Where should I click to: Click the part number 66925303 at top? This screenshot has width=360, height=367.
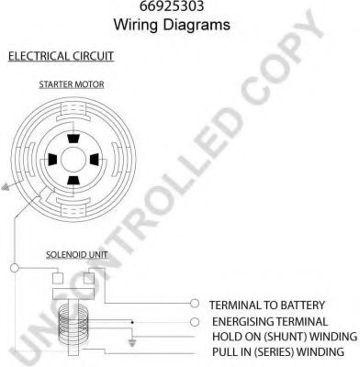[172, 6]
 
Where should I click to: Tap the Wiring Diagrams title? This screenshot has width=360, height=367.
[172, 25]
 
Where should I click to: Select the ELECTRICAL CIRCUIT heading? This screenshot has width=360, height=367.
[61, 57]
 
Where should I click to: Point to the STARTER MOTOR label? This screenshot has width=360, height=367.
[72, 84]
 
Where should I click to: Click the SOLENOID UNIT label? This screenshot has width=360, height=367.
[77, 254]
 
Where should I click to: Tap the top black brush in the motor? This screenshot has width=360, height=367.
[73, 139]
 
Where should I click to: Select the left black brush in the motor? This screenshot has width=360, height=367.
[52, 160]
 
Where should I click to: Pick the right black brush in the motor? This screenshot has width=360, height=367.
[95, 160]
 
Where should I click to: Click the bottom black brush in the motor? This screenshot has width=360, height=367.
[73, 181]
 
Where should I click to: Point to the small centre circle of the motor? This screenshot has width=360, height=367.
[73, 160]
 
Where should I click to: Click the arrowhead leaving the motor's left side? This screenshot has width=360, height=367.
[6, 186]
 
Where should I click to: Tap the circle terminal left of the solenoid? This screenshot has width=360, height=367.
[15, 268]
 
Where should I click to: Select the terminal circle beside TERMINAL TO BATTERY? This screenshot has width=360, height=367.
[195, 304]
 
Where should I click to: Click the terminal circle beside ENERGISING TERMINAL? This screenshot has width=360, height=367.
[195, 322]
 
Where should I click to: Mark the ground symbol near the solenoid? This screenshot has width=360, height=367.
[132, 342]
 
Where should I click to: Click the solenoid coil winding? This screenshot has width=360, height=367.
[73, 322]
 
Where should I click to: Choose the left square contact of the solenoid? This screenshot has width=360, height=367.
[58, 278]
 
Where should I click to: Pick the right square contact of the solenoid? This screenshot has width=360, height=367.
[89, 278]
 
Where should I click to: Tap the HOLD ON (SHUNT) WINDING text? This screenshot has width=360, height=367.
[285, 337]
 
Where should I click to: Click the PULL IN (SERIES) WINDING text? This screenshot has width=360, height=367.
[278, 351]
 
